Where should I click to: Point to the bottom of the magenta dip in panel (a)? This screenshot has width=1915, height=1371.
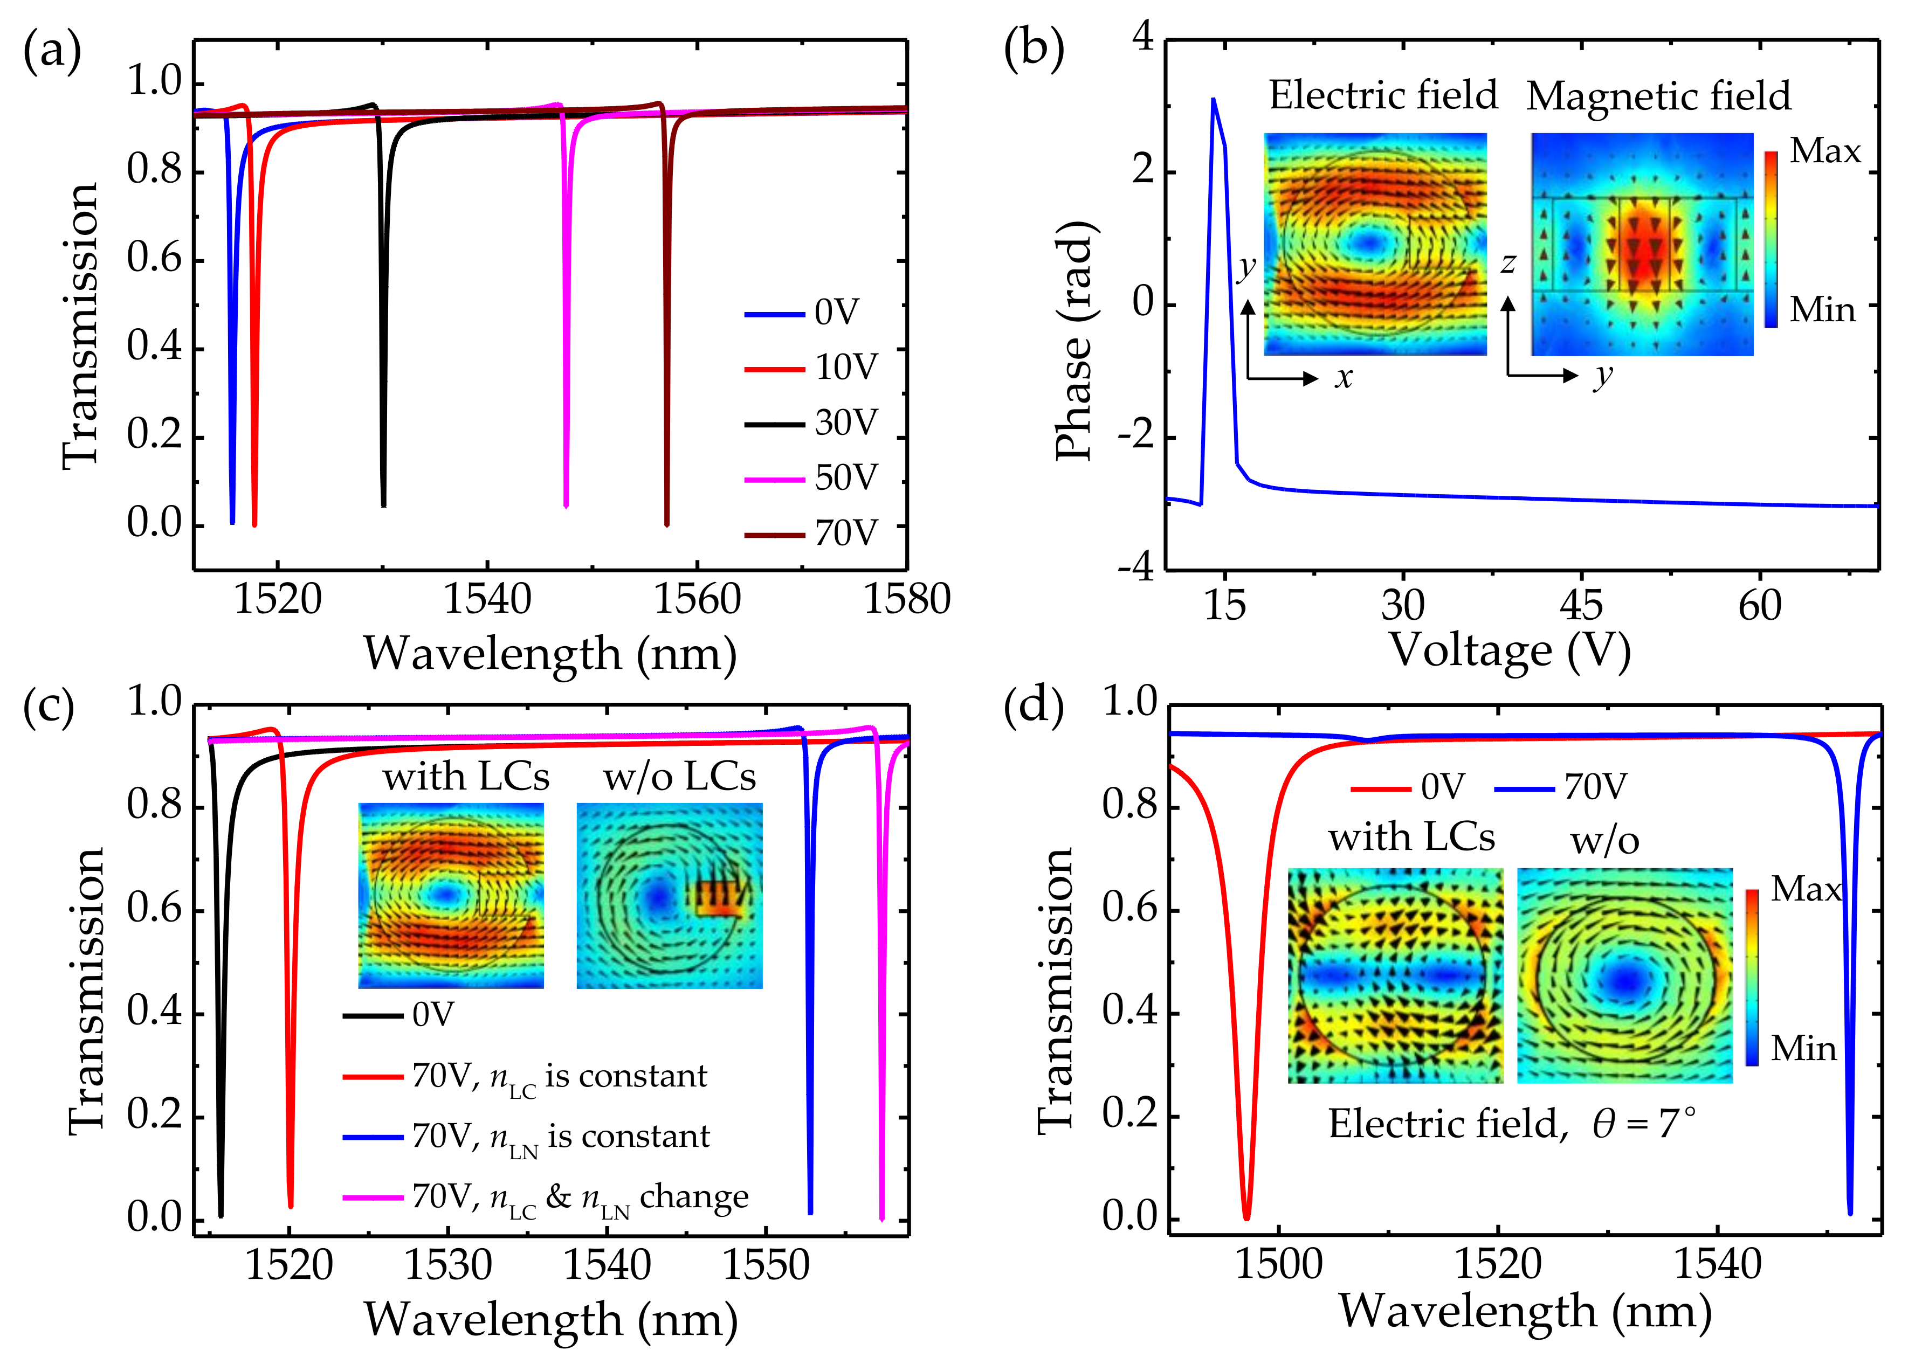[566, 505]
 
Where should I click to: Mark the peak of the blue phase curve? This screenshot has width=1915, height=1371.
[1214, 100]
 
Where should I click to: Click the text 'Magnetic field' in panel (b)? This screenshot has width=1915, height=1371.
[1658, 96]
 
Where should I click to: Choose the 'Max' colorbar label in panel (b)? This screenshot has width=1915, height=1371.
[1824, 151]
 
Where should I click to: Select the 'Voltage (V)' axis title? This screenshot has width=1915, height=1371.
[1510, 650]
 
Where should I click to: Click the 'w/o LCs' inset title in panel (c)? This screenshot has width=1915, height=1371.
[679, 777]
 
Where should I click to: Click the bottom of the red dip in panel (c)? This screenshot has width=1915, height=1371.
[291, 1206]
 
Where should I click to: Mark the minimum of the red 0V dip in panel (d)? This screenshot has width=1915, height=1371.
[1246, 1217]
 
